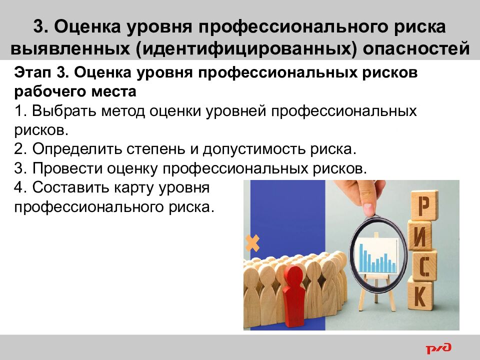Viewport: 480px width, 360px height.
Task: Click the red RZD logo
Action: tap(438, 347)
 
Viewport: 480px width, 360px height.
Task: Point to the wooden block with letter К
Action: tap(420, 296)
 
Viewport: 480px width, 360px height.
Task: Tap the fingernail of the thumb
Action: tap(368, 207)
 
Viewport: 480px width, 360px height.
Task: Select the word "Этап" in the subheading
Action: tap(33, 72)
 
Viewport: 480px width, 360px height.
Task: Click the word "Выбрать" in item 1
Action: tap(62, 111)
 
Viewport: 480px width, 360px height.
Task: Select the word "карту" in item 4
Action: tap(141, 188)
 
